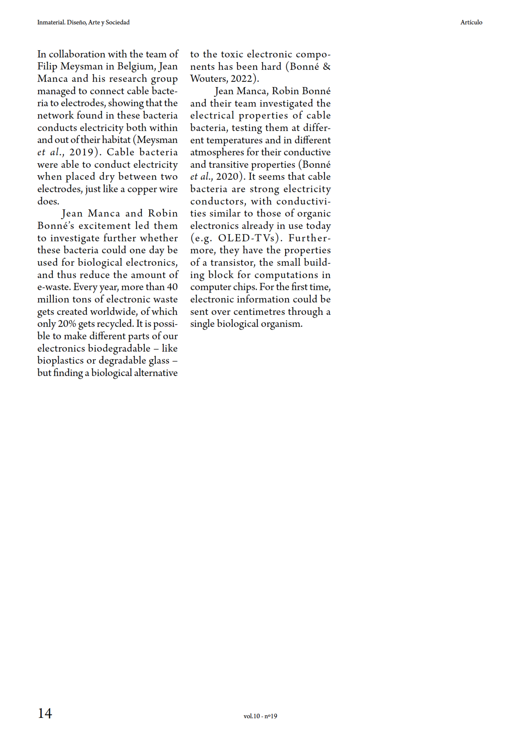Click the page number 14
45,713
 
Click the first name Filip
47,67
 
